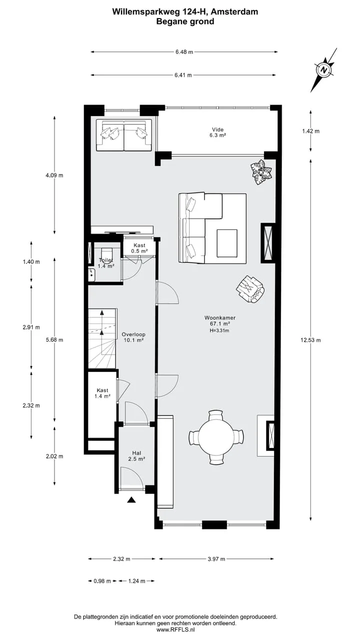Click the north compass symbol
tap(323, 70)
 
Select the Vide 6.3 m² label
tap(217, 132)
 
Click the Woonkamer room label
tap(219, 317)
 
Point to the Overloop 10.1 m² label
tap(133, 337)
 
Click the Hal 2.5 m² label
tap(137, 456)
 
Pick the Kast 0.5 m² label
tap(139, 248)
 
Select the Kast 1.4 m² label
tap(102, 393)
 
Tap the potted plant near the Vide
tap(261, 172)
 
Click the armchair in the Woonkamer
tap(250, 289)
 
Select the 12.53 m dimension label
tap(310, 340)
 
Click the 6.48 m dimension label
tap(184, 52)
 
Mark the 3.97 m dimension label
tap(216, 559)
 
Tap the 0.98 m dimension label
tap(102, 581)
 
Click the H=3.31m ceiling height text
tap(219, 330)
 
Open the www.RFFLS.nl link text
tap(175, 629)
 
